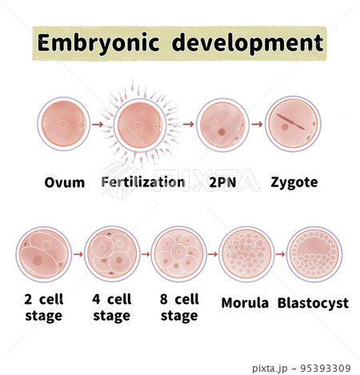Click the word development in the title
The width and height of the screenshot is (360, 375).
tap(248, 42)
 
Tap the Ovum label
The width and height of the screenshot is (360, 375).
tap(65, 183)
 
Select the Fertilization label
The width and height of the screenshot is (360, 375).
tap(143, 182)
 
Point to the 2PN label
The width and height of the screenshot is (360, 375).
tap(222, 182)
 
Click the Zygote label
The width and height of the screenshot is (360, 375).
tap(294, 183)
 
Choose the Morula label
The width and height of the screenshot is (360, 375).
tap(245, 303)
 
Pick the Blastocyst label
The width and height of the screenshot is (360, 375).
tap(313, 304)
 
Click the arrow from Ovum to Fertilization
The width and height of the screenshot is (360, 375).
tap(98, 124)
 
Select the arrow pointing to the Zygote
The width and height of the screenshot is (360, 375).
tap(257, 124)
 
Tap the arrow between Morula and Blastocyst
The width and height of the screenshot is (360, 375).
tap(280, 254)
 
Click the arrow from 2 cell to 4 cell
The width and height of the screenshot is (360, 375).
tap(78, 254)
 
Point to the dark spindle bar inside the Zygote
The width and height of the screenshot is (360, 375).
tap(290, 122)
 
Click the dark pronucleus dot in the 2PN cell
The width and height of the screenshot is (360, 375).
tap(222, 132)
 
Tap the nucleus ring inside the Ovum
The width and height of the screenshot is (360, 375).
tap(62, 124)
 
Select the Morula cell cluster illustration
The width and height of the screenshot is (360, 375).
tap(246, 254)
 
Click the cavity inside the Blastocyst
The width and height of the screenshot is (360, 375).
tap(314, 247)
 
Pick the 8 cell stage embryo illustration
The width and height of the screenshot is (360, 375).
tap(179, 254)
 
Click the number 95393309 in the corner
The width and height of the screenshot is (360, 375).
tap(326, 369)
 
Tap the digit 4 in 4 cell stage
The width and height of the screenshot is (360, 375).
tap(96, 299)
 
